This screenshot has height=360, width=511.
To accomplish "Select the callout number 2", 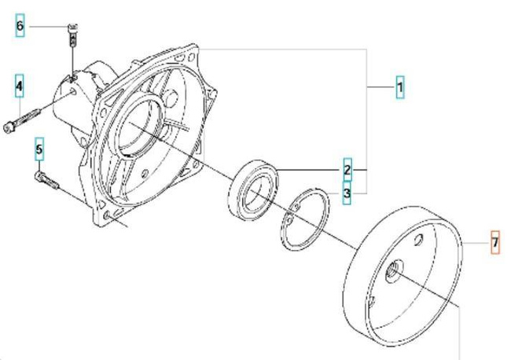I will [347, 170].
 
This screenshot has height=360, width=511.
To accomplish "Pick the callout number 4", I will [19, 86].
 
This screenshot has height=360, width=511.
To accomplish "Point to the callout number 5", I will [39, 149].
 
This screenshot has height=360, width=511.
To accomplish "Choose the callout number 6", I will [20, 27].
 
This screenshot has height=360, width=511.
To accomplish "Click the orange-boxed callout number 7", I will [494, 244].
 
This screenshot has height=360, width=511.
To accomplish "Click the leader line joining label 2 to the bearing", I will [311, 170].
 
